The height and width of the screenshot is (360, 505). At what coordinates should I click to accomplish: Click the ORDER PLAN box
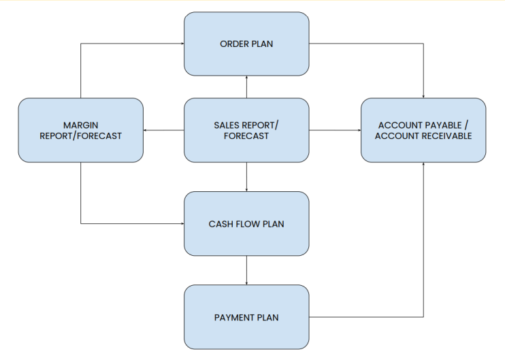click(x=246, y=44)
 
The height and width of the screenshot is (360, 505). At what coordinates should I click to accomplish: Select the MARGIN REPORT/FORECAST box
click(x=80, y=130)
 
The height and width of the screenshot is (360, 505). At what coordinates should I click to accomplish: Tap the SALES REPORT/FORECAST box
click(x=246, y=130)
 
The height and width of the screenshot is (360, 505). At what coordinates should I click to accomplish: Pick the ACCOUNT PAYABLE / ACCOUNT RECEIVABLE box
click(x=423, y=130)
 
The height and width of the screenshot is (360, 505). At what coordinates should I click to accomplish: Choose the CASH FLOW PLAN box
click(x=246, y=223)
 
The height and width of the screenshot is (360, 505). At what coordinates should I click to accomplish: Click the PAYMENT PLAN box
click(x=246, y=317)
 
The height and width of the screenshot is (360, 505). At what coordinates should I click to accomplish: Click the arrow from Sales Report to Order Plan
click(x=246, y=87)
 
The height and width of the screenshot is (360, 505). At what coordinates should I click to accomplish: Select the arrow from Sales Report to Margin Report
click(x=163, y=130)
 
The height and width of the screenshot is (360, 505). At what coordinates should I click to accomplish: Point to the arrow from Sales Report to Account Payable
click(x=335, y=130)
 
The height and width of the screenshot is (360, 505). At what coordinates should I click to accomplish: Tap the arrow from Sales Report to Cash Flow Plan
click(x=246, y=177)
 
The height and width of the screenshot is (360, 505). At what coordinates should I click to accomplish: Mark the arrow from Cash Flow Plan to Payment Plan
click(x=246, y=270)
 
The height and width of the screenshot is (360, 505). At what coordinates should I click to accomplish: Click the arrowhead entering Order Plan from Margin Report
click(x=182, y=44)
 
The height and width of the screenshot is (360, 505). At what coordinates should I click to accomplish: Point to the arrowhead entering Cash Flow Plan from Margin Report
click(x=182, y=223)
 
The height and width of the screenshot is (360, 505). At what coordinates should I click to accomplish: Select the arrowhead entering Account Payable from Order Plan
click(x=423, y=97)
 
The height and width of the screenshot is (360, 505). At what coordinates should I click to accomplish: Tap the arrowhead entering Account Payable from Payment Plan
click(x=423, y=164)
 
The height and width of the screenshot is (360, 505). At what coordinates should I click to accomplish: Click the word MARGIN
click(x=80, y=125)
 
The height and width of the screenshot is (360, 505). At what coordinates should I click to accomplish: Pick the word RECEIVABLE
click(x=447, y=136)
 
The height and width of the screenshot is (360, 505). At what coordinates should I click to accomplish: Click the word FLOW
click(x=247, y=224)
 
